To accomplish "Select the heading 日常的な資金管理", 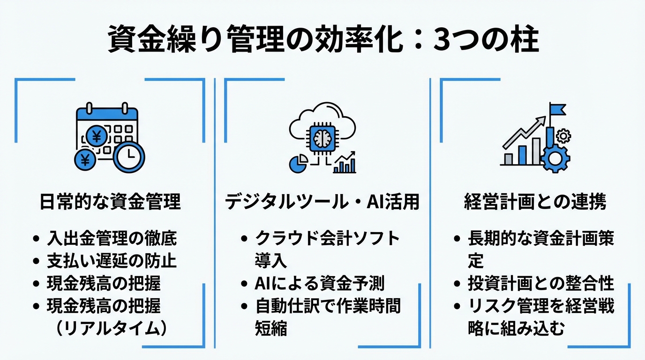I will [x=109, y=202].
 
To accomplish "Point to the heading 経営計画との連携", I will [x=535, y=202].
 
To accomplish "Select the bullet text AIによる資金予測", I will [x=320, y=283].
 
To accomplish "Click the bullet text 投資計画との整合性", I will [x=541, y=283].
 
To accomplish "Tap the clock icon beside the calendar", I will [x=129, y=157].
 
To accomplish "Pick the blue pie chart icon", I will [x=299, y=164].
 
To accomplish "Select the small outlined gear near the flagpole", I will [x=563, y=136].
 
